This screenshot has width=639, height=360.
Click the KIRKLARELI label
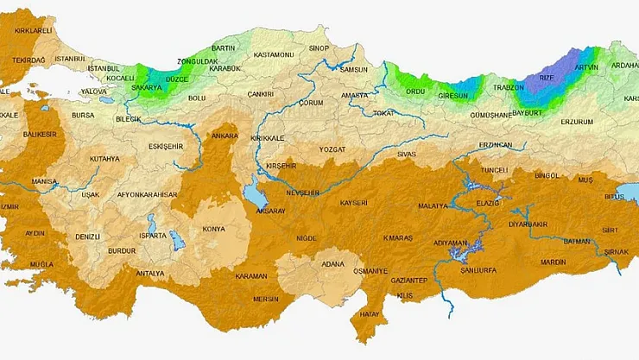pos(33,30)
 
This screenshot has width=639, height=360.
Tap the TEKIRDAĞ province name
pos(29,60)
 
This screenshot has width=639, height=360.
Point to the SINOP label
pos(319,48)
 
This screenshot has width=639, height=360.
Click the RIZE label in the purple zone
pos(547,78)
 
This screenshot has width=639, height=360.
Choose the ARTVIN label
pos(586,67)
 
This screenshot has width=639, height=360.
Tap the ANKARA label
pos(225,136)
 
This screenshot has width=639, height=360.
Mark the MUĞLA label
pos(41,263)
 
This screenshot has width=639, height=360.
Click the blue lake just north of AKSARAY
pos(250,194)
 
